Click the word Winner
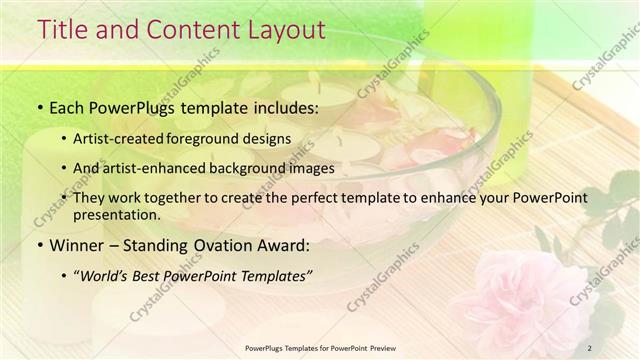(79, 246)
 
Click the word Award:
(286, 246)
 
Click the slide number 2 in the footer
(590, 348)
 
